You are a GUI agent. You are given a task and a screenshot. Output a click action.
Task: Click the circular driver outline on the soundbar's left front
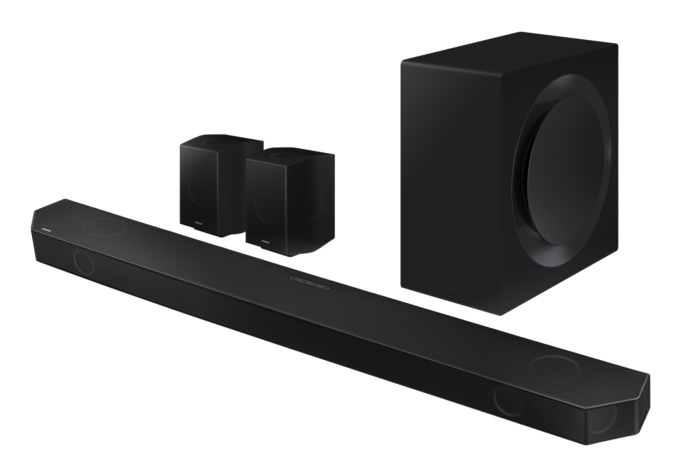pyautogui.click(x=84, y=262)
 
